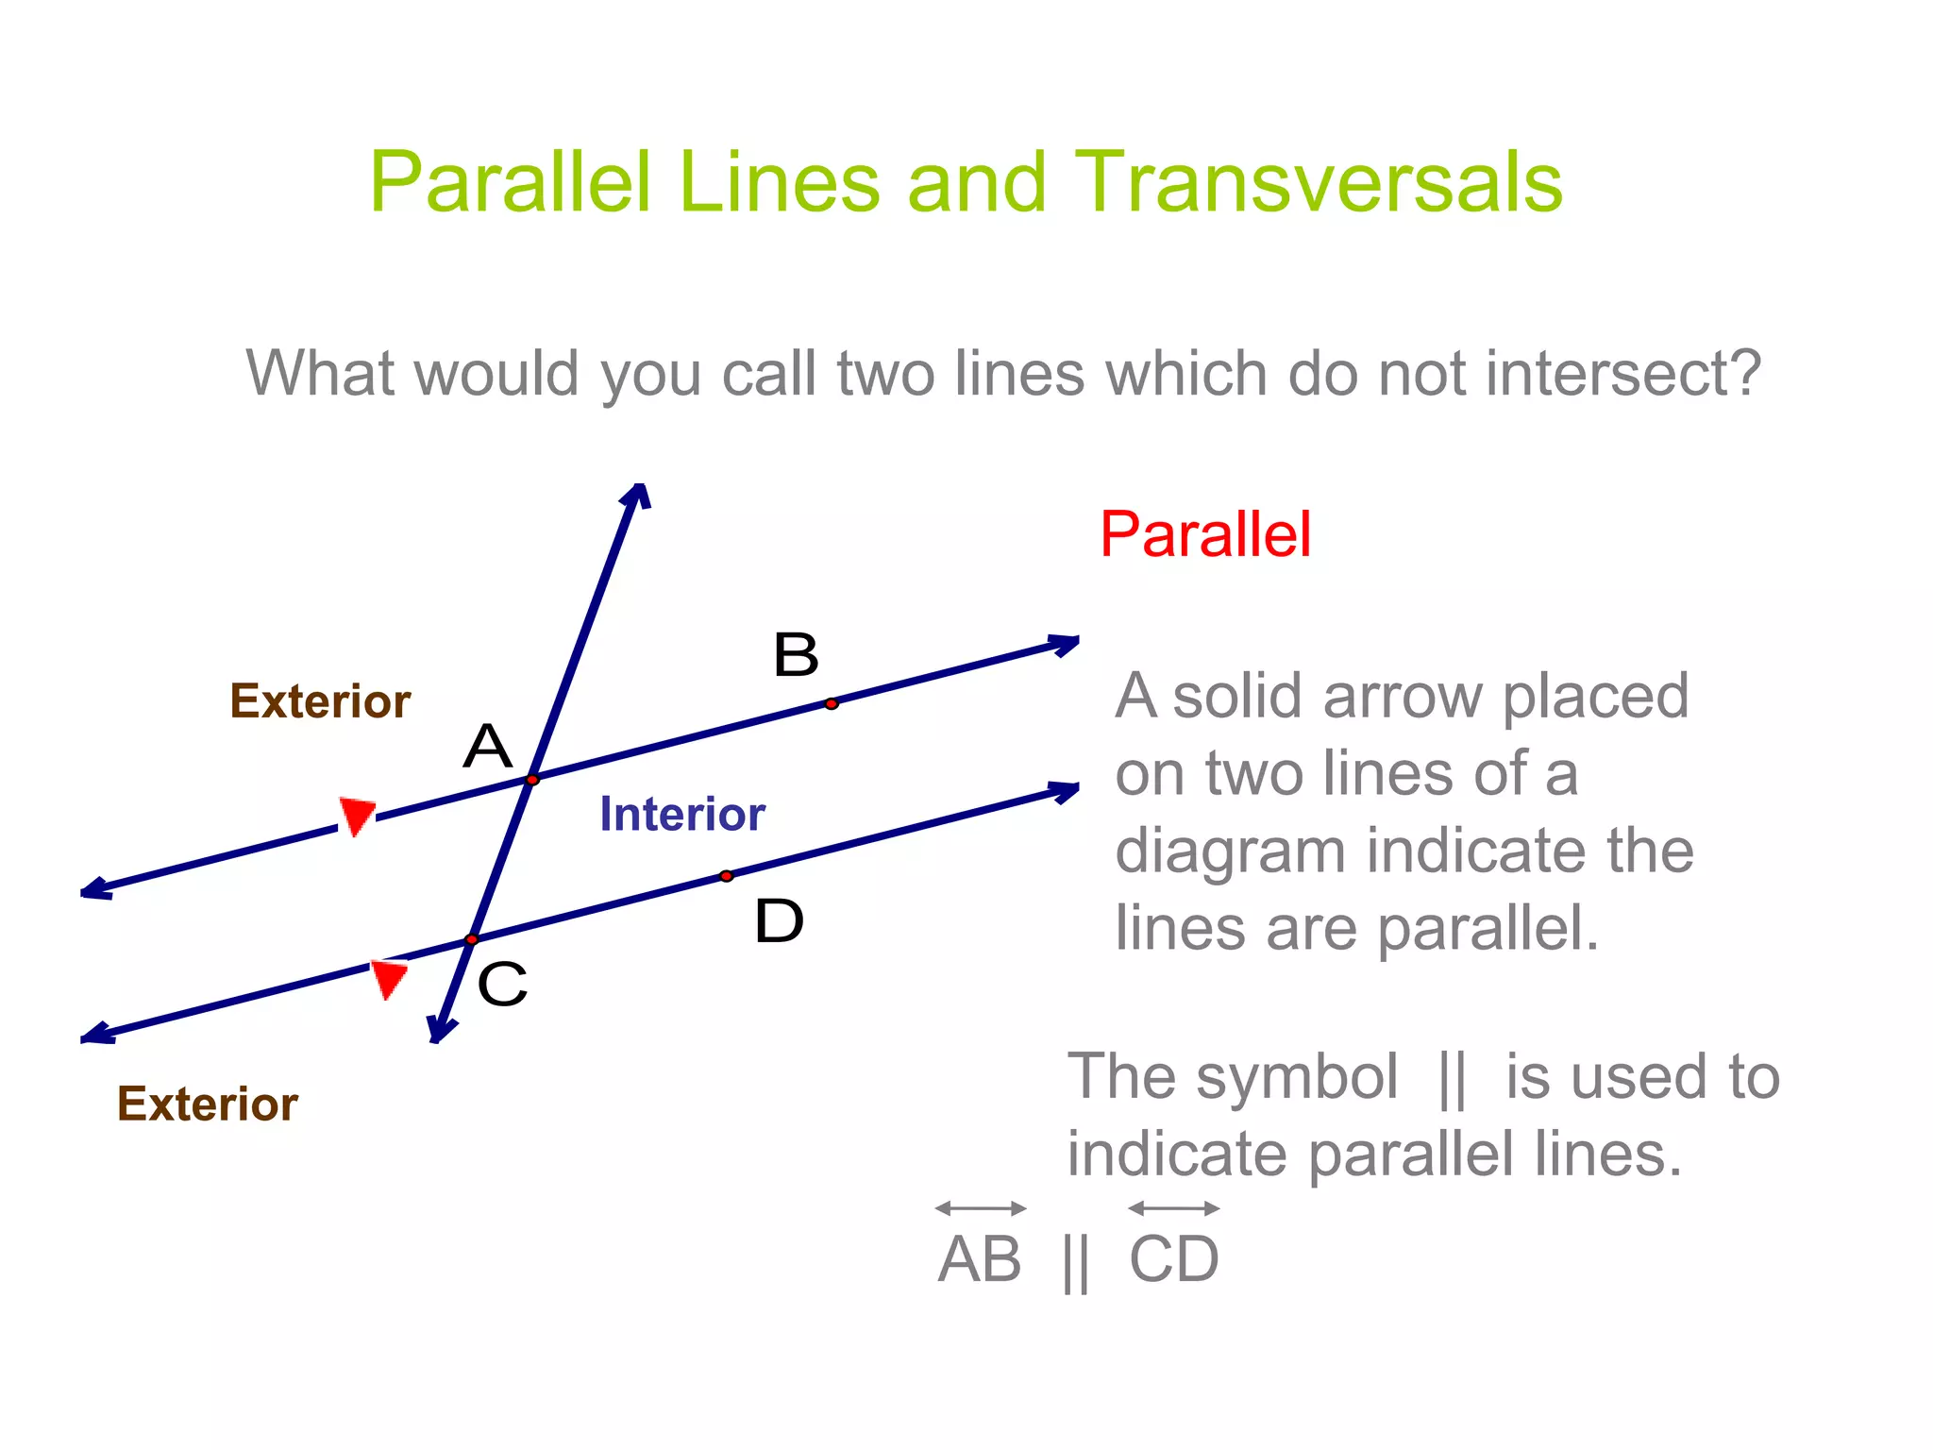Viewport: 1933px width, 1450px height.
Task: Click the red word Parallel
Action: pos(1205,534)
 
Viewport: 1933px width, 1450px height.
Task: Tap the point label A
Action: pos(487,747)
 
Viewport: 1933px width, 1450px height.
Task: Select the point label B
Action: pos(796,654)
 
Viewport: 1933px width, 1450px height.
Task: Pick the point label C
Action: pos(502,985)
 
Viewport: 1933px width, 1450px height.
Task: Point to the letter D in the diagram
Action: pos(779,921)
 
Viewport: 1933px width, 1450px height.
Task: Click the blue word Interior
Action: pos(681,814)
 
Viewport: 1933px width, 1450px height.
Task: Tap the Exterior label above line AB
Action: pos(320,701)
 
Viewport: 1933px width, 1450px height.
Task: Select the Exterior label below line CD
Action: pos(208,1104)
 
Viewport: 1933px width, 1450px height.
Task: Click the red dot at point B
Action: pos(831,703)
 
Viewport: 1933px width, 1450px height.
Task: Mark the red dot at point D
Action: pos(726,876)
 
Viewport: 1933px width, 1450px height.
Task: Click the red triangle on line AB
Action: pos(357,815)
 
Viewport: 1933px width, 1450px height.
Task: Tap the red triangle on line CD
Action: pos(389,978)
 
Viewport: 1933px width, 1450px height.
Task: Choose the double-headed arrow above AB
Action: pos(981,1208)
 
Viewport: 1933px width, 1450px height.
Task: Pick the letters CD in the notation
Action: pos(1174,1260)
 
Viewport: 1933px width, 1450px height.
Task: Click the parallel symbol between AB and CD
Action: pos(1075,1262)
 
